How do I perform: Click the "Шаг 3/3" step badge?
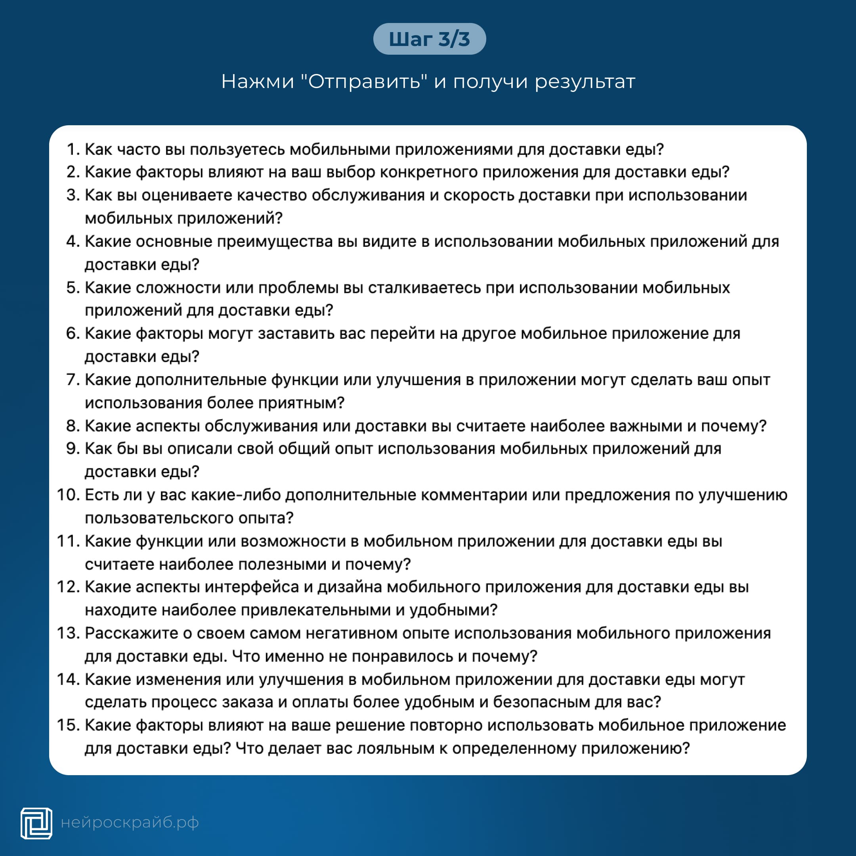click(429, 39)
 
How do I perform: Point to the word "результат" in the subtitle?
click(585, 82)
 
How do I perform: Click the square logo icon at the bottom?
click(36, 823)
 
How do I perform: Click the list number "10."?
click(68, 495)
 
